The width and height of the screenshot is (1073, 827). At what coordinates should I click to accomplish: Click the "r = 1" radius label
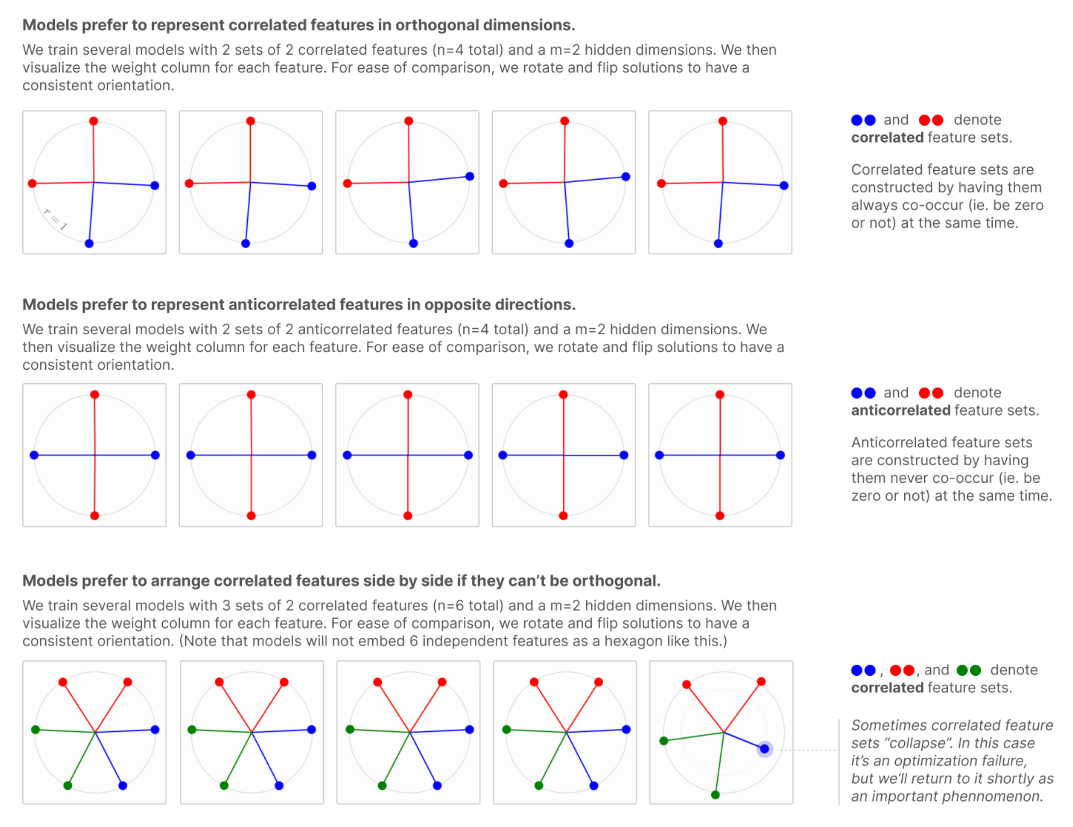(55, 219)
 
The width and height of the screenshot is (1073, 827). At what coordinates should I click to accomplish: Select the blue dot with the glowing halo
(764, 748)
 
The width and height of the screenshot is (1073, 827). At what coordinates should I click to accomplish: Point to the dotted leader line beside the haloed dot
(806, 750)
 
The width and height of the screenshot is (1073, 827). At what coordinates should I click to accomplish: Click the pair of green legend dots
(968, 670)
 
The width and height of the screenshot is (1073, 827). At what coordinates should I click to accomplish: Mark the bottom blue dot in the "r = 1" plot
(89, 243)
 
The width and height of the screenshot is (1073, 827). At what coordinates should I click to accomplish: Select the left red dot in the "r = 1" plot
(32, 184)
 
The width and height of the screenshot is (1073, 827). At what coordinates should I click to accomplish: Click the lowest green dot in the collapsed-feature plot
(715, 795)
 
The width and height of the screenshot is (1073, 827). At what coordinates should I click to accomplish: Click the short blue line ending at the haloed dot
(744, 740)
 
